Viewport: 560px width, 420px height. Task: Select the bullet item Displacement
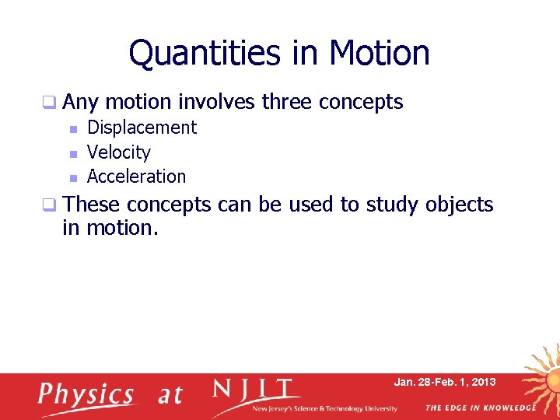click(x=142, y=128)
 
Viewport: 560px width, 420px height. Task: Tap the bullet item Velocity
click(x=119, y=152)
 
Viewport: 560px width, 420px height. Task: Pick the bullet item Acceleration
click(x=137, y=177)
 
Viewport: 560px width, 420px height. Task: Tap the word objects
click(x=459, y=205)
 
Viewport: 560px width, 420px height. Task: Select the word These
click(x=92, y=205)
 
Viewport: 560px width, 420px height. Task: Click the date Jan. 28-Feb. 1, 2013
click(x=444, y=383)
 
